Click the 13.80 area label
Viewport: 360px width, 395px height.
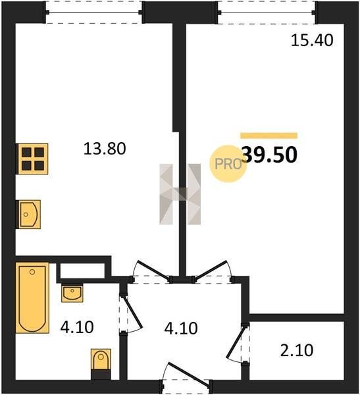(105, 149)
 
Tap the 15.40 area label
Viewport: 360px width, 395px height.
(312, 40)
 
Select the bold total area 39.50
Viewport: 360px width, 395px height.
(270, 155)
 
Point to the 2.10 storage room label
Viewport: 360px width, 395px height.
(297, 350)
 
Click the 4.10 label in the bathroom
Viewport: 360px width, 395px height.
(77, 327)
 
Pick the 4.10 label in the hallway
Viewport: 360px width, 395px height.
(181, 329)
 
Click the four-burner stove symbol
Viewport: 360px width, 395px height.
(32, 159)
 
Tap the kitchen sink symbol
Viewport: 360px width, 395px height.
(29, 215)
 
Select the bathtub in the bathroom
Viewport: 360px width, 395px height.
(32, 298)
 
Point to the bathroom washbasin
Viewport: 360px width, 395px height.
(72, 293)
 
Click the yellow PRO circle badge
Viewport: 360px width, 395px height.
(228, 164)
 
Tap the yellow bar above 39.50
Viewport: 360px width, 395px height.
(269, 136)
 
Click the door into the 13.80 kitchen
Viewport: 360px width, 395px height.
(151, 271)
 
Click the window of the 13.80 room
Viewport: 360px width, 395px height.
(93, 12)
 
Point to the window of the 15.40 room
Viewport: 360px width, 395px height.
(267, 12)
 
